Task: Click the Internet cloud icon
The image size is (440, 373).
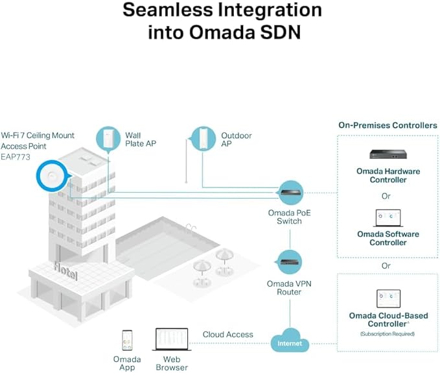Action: [x=290, y=341]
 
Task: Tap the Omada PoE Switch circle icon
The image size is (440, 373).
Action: [x=291, y=193]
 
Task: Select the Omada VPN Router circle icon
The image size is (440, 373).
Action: [x=289, y=262]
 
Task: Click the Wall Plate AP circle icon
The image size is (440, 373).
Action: [x=108, y=139]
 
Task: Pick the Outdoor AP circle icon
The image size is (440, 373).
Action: [x=203, y=139]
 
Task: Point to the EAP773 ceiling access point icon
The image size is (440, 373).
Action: [x=52, y=176]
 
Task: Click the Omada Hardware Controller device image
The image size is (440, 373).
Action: [x=388, y=154]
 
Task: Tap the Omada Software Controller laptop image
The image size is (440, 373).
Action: [x=388, y=218]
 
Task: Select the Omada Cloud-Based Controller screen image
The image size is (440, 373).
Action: [x=388, y=298]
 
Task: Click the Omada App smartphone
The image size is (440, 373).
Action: [x=127, y=340]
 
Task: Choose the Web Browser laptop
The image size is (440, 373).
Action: [x=172, y=339]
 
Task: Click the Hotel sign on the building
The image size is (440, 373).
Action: [x=65, y=271]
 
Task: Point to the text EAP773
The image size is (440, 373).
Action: [x=16, y=157]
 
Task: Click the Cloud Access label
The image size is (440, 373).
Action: [x=228, y=335]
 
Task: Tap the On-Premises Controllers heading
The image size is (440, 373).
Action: [x=388, y=125]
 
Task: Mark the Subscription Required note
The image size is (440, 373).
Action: [x=388, y=334]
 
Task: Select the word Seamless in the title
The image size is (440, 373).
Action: [x=168, y=10]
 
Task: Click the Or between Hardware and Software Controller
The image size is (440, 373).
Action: [x=386, y=196]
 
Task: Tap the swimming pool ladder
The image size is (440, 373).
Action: [x=191, y=228]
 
